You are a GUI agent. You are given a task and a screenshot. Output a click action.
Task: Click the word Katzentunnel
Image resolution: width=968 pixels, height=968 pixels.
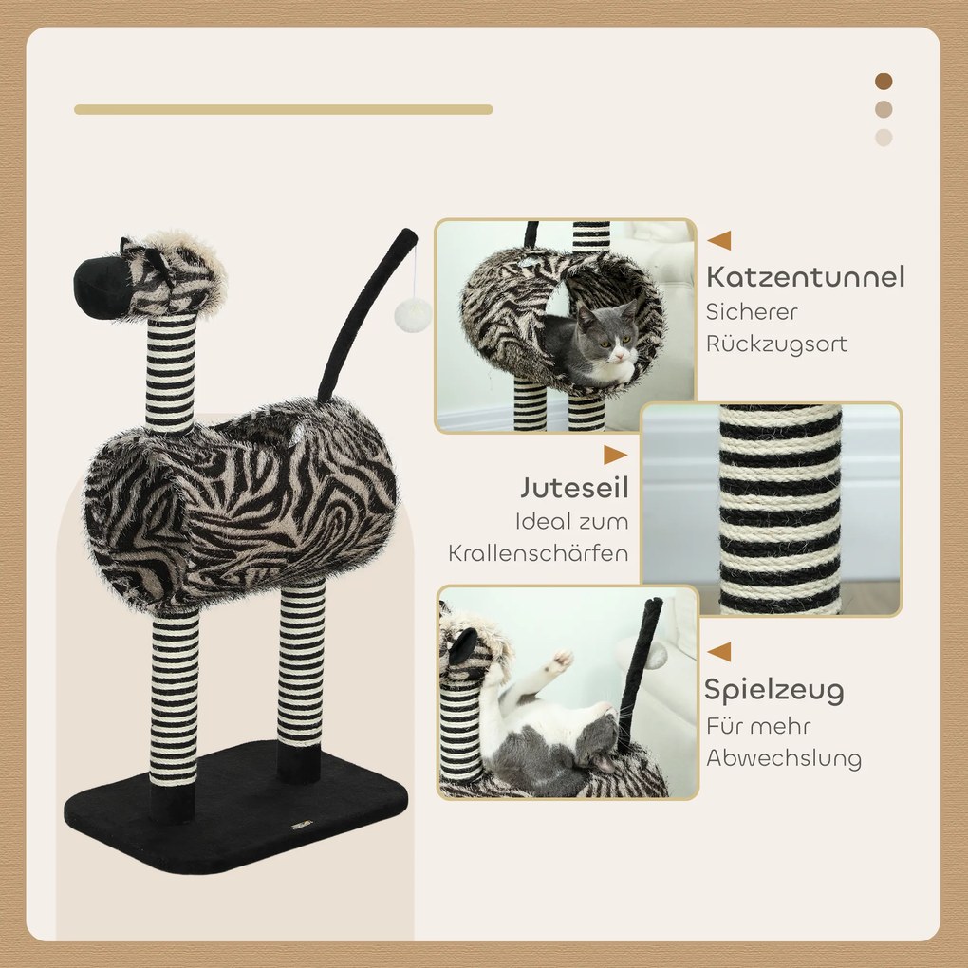click(x=805, y=277)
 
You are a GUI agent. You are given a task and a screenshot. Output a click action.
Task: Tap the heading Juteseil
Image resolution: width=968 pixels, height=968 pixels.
click(x=574, y=488)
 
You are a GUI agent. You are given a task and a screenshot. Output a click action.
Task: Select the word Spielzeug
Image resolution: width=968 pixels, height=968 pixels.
click(x=773, y=691)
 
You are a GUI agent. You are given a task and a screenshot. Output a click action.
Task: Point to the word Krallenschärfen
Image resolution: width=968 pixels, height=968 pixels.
click(x=538, y=553)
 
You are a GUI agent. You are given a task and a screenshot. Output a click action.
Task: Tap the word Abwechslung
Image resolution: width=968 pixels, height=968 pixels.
click(x=784, y=759)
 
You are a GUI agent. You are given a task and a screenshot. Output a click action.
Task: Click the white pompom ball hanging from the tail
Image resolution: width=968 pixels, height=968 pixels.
click(x=415, y=310)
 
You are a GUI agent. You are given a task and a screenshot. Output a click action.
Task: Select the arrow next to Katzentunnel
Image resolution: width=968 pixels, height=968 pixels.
click(x=719, y=240)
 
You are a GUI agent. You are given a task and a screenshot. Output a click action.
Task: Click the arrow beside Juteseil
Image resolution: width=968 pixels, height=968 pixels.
click(x=615, y=456)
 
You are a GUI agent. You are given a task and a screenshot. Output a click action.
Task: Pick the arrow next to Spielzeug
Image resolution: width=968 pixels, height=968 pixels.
click(x=719, y=651)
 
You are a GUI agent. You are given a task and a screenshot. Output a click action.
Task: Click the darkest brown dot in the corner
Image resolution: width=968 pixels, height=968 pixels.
click(x=884, y=82)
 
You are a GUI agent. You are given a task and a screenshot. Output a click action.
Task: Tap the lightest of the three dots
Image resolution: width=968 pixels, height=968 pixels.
click(x=884, y=138)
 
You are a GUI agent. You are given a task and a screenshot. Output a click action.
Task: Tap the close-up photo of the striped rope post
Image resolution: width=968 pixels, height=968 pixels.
click(x=771, y=510)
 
